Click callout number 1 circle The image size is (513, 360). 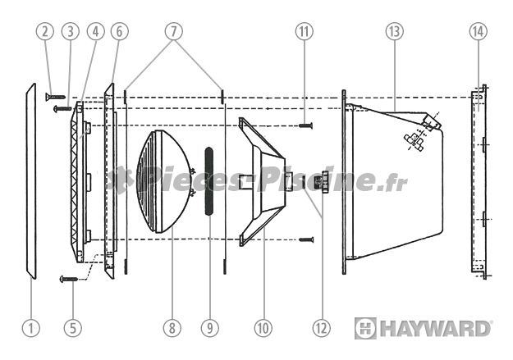(x=31, y=328)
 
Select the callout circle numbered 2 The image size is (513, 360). (x=46, y=32)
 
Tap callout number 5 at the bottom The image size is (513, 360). (x=73, y=328)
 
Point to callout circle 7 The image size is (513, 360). (x=172, y=32)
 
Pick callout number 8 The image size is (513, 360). (x=171, y=328)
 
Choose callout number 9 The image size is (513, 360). (x=210, y=328)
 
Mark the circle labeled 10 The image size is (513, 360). (x=263, y=328)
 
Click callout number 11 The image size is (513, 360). (x=305, y=32)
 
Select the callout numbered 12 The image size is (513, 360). (x=322, y=328)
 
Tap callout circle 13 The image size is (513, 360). (x=395, y=32)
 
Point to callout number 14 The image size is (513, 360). (x=478, y=32)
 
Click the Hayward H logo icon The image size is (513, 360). (x=365, y=328)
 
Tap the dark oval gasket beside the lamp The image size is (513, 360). (x=209, y=180)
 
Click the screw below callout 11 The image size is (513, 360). (x=305, y=125)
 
